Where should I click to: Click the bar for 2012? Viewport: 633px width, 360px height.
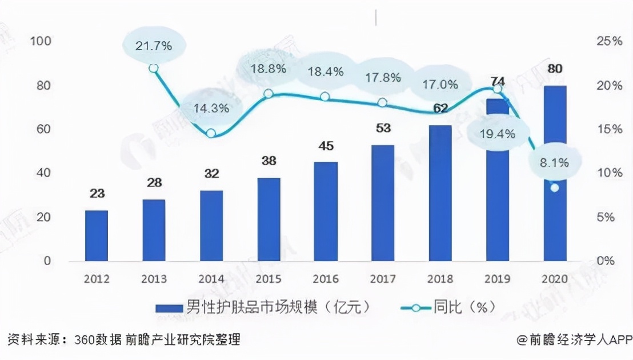click(x=96, y=235)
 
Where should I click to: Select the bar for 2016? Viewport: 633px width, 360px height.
click(x=326, y=211)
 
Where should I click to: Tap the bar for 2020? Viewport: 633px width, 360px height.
click(x=555, y=173)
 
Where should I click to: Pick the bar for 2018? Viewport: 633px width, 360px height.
click(x=440, y=193)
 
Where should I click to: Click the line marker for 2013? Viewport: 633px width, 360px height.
click(x=153, y=68)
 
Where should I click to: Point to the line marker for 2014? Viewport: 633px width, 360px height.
click(x=211, y=133)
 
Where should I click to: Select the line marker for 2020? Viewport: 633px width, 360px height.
click(x=554, y=187)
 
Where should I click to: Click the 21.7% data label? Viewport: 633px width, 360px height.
click(x=154, y=46)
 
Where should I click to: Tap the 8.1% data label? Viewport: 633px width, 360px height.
click(x=555, y=163)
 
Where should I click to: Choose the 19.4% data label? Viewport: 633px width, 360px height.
click(x=498, y=134)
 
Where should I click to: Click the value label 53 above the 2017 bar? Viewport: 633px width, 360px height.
click(x=383, y=128)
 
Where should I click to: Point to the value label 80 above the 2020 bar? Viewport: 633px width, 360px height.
click(x=555, y=69)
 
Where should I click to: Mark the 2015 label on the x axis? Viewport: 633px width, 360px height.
click(x=268, y=279)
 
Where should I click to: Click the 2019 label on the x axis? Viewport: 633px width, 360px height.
click(x=497, y=279)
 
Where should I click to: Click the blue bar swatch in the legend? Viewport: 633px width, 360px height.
click(x=170, y=307)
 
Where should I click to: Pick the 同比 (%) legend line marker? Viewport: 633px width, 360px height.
click(x=415, y=307)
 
